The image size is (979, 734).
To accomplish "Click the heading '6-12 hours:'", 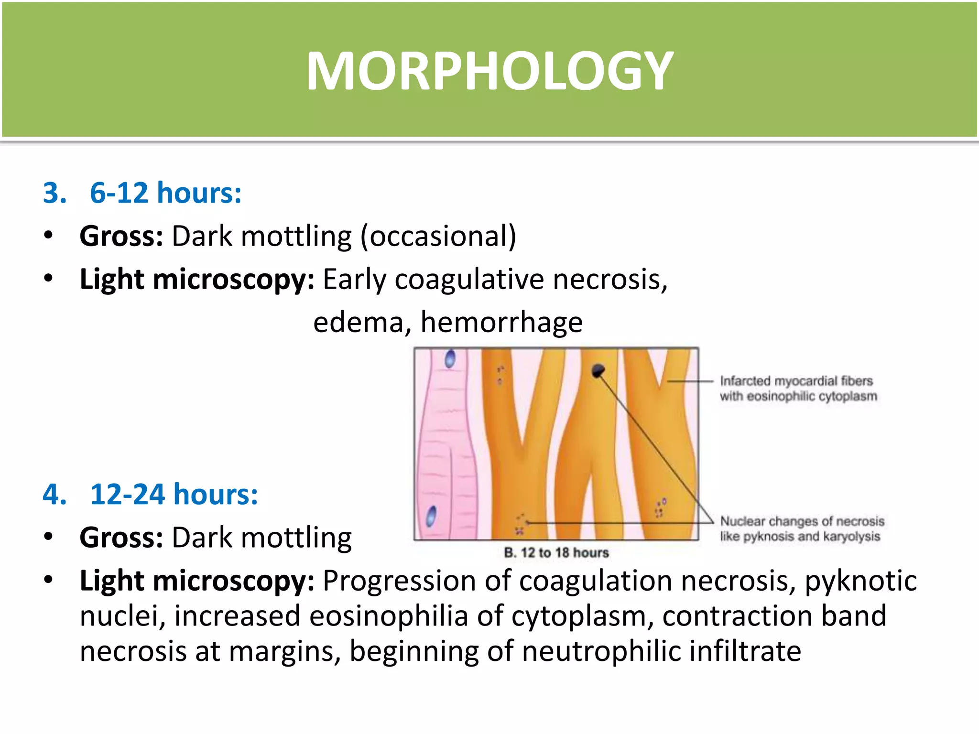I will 165,193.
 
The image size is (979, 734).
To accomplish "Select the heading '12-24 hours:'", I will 174,494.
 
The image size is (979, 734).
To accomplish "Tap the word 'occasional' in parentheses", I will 438,236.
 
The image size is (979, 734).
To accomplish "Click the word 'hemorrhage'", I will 501,322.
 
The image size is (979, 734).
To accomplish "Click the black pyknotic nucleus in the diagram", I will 598,370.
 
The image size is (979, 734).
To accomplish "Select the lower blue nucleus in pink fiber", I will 431,516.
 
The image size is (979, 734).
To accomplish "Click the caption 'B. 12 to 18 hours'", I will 556,553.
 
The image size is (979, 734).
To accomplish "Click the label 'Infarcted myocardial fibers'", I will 796,381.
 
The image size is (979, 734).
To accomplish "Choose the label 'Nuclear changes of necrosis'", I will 802,521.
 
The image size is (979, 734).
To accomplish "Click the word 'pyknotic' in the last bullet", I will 860,582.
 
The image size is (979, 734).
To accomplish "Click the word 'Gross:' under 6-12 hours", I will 121,236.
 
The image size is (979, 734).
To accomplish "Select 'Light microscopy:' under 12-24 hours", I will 197,581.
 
